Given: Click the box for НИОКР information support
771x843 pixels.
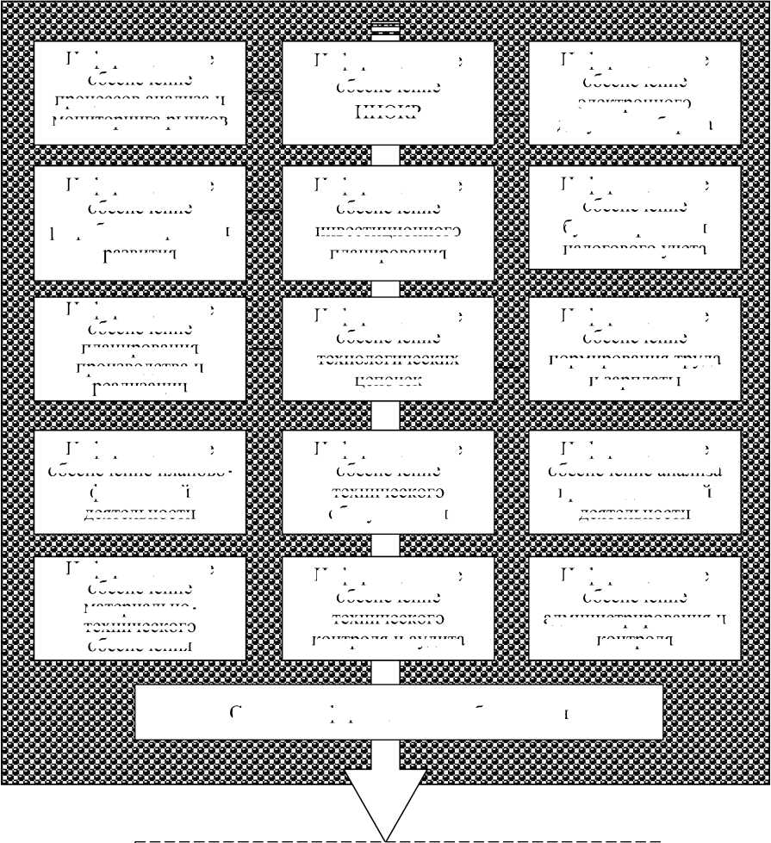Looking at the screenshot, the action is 388,92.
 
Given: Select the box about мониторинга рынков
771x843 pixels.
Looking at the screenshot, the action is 140,92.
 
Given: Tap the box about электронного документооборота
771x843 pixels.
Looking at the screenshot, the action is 635,92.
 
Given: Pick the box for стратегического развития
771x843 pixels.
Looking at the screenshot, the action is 140,222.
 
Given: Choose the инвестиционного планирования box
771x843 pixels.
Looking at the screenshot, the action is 388,222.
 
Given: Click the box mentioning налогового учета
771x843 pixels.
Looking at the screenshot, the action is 635,217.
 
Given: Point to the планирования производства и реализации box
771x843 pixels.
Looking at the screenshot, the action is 140,349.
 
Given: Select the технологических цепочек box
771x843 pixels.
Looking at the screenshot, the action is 388,349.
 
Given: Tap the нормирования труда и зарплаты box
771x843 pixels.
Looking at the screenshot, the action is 635,349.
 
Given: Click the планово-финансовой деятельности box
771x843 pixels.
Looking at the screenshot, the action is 140,482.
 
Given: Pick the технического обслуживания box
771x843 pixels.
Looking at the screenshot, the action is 388,482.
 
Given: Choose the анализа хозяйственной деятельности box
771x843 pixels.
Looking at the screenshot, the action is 635,482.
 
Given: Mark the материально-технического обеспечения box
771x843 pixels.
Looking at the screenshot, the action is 140,608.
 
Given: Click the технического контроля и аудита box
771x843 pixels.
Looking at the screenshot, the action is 388,608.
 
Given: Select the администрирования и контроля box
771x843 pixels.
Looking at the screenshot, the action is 635,608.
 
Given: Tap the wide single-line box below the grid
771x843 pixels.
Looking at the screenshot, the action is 399,712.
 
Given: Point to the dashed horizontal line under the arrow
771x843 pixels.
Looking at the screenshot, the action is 258,838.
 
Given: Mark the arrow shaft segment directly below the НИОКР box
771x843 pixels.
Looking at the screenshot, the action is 387,155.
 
